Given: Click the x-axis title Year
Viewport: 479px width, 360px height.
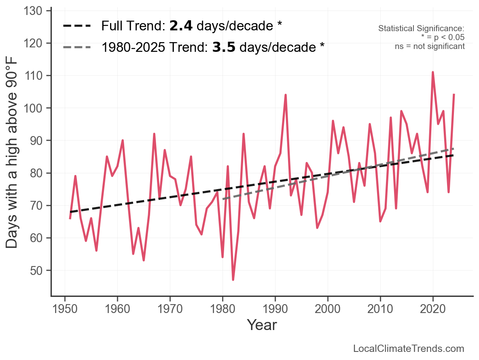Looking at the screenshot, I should click(x=262, y=325).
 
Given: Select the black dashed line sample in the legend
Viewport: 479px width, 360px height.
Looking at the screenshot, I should click(x=77, y=26).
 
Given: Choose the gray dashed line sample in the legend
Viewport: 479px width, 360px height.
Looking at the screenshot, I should click(x=77, y=47).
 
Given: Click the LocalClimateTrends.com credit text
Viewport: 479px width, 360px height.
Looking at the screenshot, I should click(x=409, y=349).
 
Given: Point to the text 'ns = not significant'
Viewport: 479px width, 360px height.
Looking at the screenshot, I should click(x=430, y=46).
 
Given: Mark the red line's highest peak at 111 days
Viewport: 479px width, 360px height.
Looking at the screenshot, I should click(x=433, y=72).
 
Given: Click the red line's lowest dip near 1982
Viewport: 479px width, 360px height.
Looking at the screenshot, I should click(x=233, y=279).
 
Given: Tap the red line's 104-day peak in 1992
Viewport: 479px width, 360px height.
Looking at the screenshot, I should click(x=286, y=95).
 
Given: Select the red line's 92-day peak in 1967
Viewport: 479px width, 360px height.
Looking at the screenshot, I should click(x=154, y=134).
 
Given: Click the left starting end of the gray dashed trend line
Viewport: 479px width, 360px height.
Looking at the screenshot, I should click(x=223, y=199).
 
